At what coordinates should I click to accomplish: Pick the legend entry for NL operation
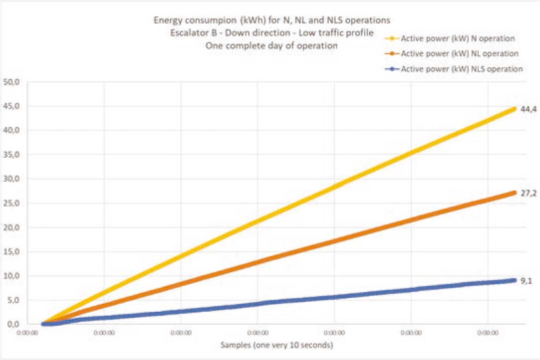pos(460,53)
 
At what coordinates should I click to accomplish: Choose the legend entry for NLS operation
pos(462,69)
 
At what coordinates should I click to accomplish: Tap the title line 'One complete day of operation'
pos(271,46)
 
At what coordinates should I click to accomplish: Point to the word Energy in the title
pos(165,21)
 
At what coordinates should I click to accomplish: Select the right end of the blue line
pos(514,280)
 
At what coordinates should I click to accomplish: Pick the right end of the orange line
pos(514,192)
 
